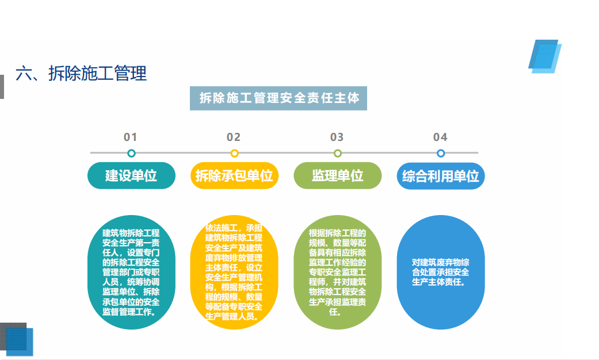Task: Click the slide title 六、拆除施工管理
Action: tap(81, 73)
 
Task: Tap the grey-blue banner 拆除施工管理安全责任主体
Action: tap(278, 98)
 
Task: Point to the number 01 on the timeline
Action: tap(130, 137)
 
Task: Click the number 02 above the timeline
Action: tap(234, 137)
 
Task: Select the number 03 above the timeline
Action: tap(337, 137)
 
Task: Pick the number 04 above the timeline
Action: tap(440, 137)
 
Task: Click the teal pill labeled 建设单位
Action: tap(131, 175)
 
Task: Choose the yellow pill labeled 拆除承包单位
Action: tap(234, 175)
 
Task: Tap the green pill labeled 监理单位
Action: tap(338, 175)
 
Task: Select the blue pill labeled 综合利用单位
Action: tap(441, 176)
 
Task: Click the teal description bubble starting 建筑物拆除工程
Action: tap(131, 272)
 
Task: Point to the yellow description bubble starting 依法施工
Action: tap(234, 272)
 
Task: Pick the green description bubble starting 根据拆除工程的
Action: tap(338, 272)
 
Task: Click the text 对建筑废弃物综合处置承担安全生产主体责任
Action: tap(440, 272)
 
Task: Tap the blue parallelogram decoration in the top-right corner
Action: tap(545, 56)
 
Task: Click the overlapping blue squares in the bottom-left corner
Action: tap(17, 339)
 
